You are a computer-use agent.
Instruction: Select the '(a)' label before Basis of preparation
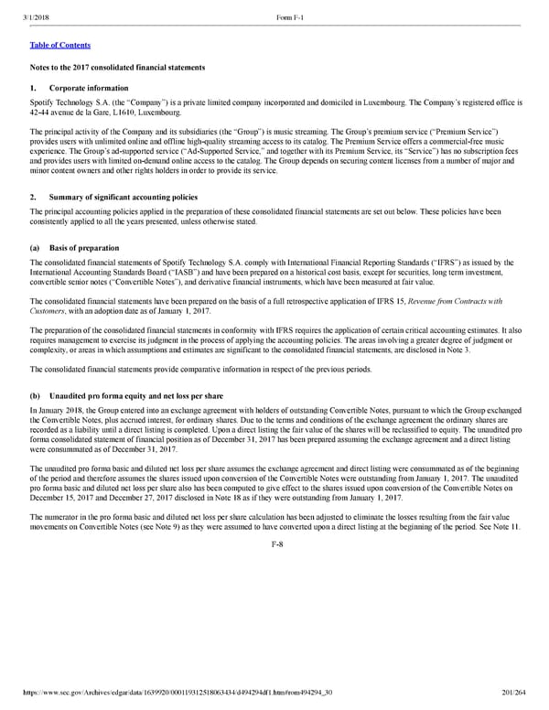(35, 248)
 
